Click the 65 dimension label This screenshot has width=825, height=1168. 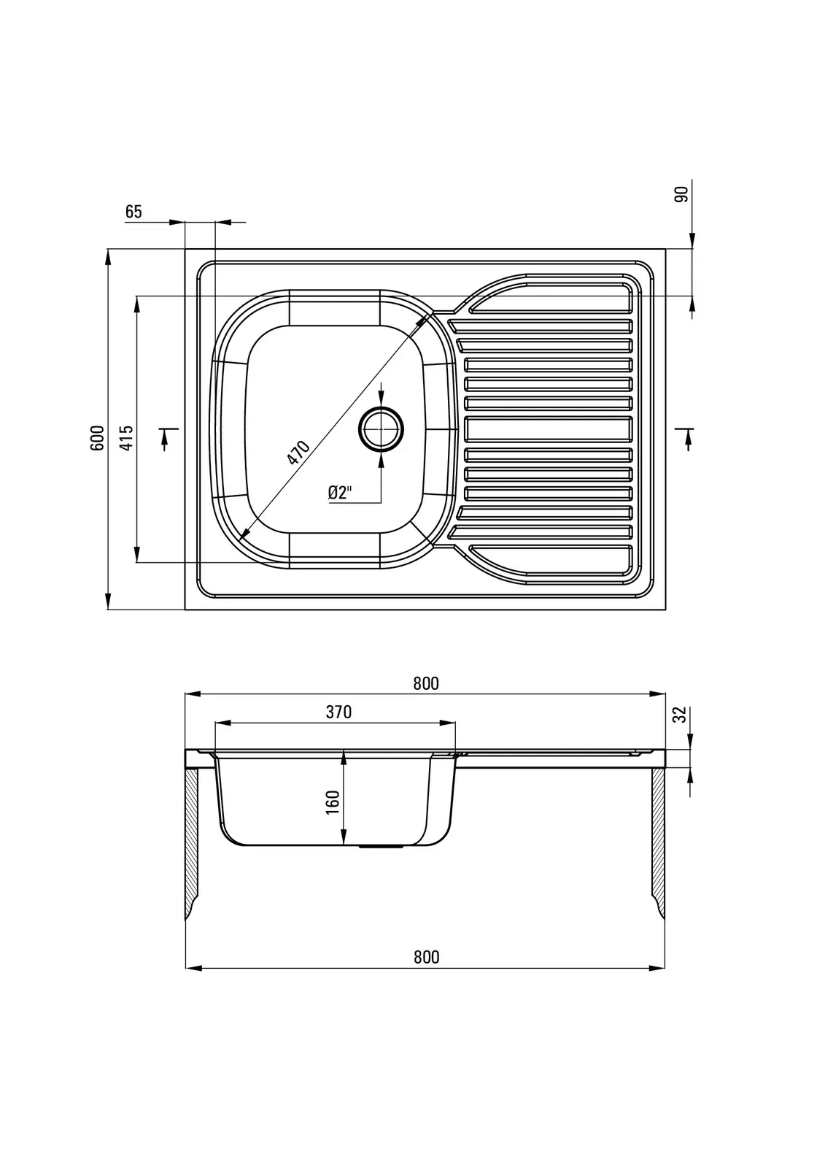click(133, 212)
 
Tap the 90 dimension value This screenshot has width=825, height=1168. click(682, 194)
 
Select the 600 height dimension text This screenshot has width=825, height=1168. click(98, 438)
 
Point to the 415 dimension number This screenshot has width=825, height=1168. click(127, 438)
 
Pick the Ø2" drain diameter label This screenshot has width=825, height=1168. click(341, 492)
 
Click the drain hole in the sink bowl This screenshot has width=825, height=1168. click(381, 429)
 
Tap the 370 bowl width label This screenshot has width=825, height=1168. click(338, 712)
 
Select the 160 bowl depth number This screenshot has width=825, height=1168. click(332, 802)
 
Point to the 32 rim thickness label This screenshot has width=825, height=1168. click(680, 715)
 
